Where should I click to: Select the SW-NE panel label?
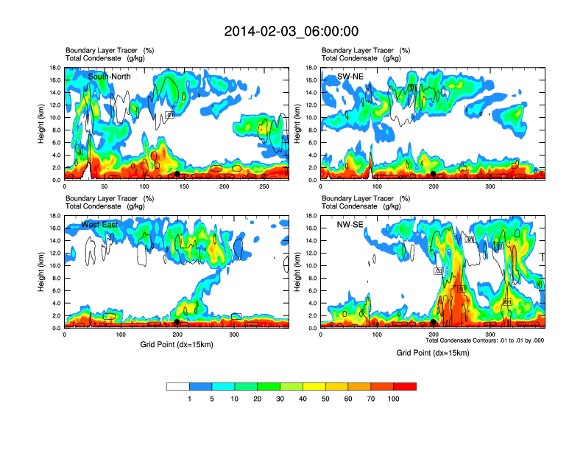click(x=351, y=77)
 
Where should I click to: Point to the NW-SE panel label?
click(x=351, y=225)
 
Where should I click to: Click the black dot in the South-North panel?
click(x=177, y=174)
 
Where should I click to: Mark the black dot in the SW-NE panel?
click(x=434, y=174)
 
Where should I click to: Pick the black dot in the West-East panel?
click(x=177, y=322)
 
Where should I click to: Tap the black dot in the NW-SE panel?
click(x=433, y=322)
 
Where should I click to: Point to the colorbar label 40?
click(x=303, y=399)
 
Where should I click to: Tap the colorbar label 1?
click(x=189, y=399)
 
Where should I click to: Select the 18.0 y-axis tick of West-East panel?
click(x=54, y=216)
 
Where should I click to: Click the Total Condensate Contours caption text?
click(x=484, y=340)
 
